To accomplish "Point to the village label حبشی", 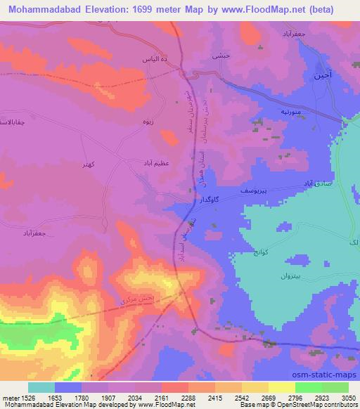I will pos(219,54).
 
